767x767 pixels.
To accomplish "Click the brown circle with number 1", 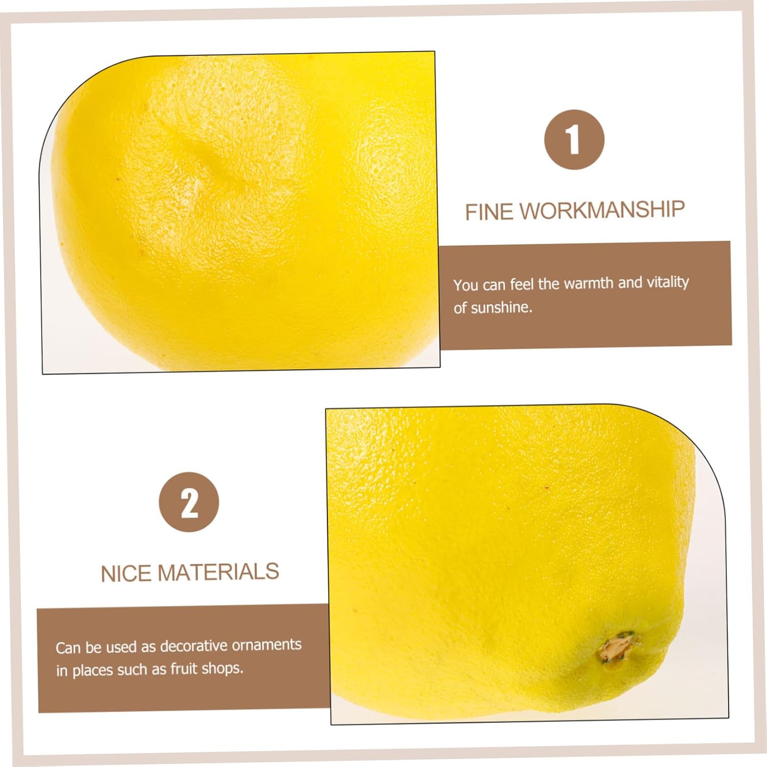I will pos(574,140).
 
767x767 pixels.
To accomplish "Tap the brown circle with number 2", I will pos(189,502).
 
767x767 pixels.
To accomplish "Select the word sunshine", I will pos(501,308).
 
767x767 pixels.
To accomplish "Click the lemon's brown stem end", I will pos(617,647).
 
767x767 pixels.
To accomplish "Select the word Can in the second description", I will pos(68,648).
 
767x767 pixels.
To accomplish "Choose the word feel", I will pos(521,284).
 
